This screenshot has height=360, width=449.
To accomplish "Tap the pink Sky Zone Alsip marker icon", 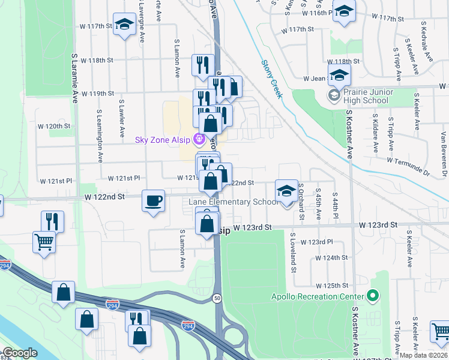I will click(x=200, y=140).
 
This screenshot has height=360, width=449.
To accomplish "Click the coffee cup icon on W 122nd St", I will click(x=154, y=200).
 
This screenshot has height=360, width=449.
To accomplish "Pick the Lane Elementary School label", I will click(x=233, y=202).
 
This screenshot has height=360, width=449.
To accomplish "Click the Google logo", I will click(x=20, y=353).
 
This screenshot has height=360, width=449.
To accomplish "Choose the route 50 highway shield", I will click(x=215, y=298).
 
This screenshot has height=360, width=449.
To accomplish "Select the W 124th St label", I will click(x=333, y=257).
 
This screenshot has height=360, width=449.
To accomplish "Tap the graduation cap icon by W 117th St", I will click(x=124, y=24).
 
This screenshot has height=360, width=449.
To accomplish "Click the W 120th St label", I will click(x=58, y=126).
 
